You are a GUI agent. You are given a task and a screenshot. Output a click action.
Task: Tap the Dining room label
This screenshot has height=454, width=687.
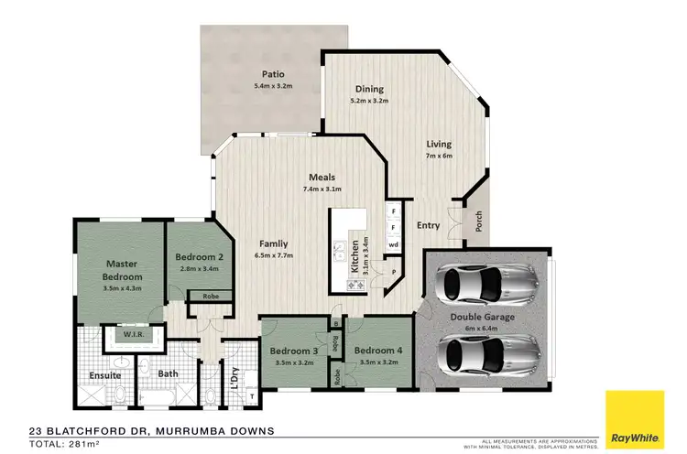click(x=370, y=89)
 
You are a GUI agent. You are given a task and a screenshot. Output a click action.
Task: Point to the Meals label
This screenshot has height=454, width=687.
click(x=322, y=177)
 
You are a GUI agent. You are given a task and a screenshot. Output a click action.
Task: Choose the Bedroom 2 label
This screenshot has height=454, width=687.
click(x=201, y=257)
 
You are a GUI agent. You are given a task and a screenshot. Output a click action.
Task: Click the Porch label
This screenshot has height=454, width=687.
click(x=477, y=222)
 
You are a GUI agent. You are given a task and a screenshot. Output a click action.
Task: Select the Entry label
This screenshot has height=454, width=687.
click(x=429, y=225)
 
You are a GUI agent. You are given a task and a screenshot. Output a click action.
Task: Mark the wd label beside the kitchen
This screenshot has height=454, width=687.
click(x=393, y=245)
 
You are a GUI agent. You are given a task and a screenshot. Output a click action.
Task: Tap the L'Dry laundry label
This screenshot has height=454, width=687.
click(x=235, y=374)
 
